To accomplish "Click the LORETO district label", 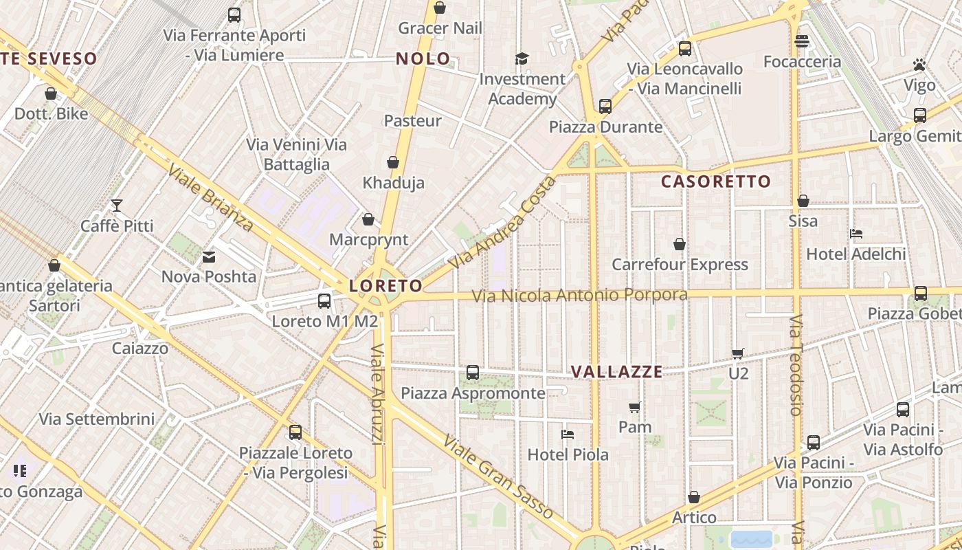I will [x=385, y=285].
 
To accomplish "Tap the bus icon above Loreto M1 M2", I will [x=324, y=301].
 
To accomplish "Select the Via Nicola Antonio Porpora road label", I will [x=579, y=296].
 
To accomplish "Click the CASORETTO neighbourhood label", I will [x=716, y=181].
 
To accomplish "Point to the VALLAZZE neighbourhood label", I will [x=616, y=372].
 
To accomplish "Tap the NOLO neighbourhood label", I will [x=423, y=59].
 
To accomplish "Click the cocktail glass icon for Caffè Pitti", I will [x=117, y=206].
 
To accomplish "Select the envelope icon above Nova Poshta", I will [x=209, y=257].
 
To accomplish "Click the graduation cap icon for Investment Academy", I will [x=522, y=58].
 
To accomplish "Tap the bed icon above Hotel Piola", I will [x=568, y=434].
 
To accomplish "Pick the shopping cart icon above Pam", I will [x=635, y=407].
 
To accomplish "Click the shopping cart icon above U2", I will [x=738, y=353].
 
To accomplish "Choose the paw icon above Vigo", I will [x=919, y=65].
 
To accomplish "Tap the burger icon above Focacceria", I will [x=802, y=41].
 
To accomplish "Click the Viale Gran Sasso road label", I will [x=497, y=476].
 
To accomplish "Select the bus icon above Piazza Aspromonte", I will [x=473, y=373].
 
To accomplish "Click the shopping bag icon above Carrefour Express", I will [x=680, y=244].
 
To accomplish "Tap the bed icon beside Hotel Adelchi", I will [x=856, y=234].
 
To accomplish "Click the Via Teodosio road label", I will [x=796, y=365].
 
